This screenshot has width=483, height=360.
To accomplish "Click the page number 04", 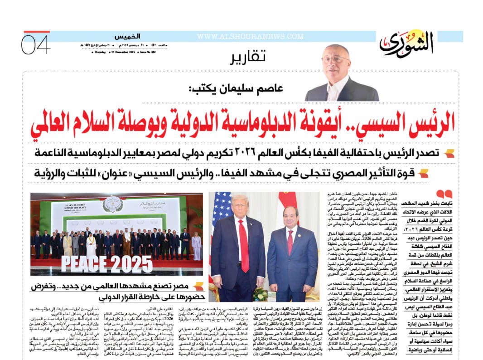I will pos(35,45).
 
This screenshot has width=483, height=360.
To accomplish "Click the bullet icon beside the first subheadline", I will pos(449,154).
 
